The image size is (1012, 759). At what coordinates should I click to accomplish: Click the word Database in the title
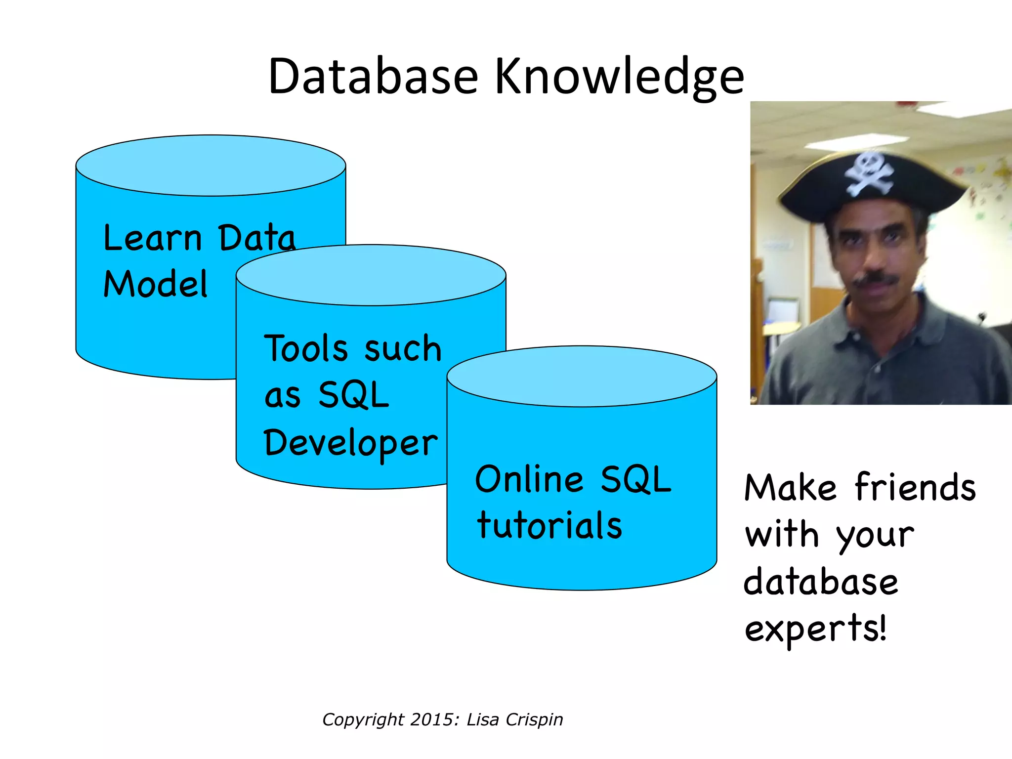(x=373, y=77)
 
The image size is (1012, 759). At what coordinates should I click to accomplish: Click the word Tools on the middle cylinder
(x=306, y=348)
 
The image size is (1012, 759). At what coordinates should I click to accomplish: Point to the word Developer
(x=350, y=443)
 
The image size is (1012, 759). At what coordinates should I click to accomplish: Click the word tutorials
(x=549, y=525)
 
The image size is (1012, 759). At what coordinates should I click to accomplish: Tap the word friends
(x=915, y=487)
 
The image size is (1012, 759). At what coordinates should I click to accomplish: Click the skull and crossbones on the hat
(x=868, y=174)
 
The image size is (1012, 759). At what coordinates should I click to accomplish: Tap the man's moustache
(x=877, y=279)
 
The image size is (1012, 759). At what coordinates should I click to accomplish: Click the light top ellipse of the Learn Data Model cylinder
(x=211, y=166)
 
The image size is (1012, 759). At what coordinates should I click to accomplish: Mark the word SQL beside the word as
(x=353, y=395)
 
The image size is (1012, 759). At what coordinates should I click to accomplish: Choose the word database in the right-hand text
(x=820, y=582)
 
